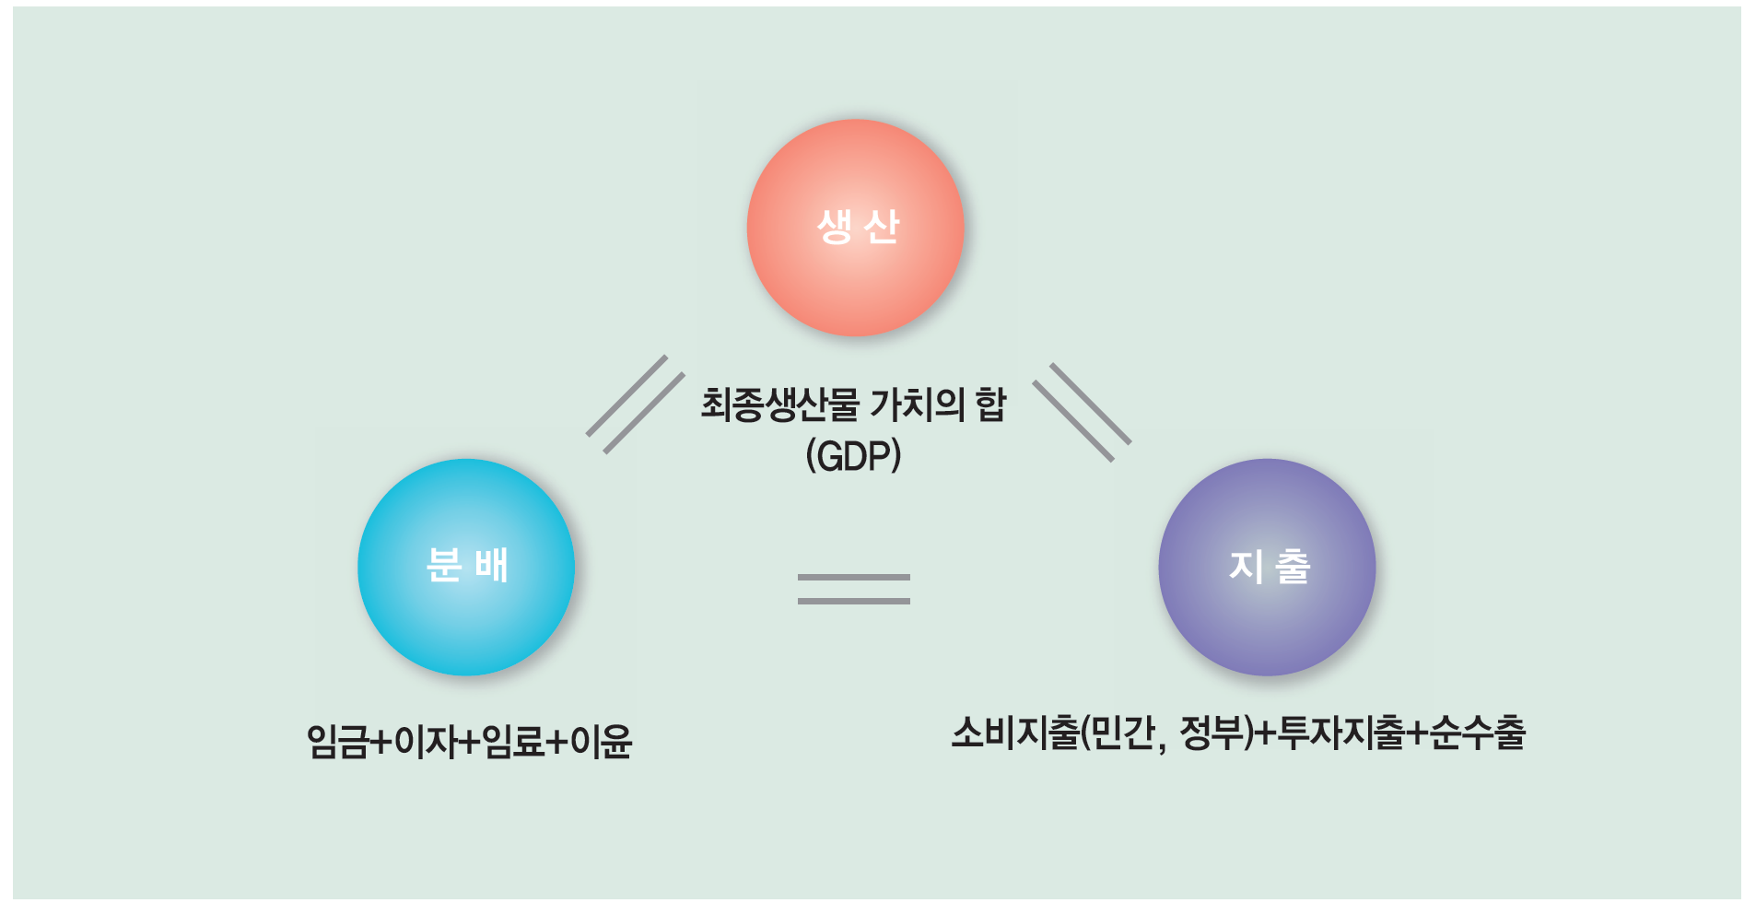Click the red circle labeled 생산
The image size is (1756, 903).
[856, 228]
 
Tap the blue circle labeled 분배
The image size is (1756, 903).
[466, 567]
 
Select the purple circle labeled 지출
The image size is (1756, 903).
[1267, 567]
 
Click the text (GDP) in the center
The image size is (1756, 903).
[853, 456]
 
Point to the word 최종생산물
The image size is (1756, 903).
[779, 405]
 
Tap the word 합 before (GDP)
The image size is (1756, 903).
[990, 405]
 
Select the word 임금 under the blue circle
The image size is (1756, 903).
[336, 742]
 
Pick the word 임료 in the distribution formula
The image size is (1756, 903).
[512, 742]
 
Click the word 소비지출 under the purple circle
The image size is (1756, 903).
[1014, 733]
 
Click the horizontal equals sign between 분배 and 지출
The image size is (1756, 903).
[854, 589]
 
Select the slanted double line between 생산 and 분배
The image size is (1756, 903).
[636, 405]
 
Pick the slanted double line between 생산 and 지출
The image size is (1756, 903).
[1082, 412]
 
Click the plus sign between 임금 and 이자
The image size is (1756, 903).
[380, 742]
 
